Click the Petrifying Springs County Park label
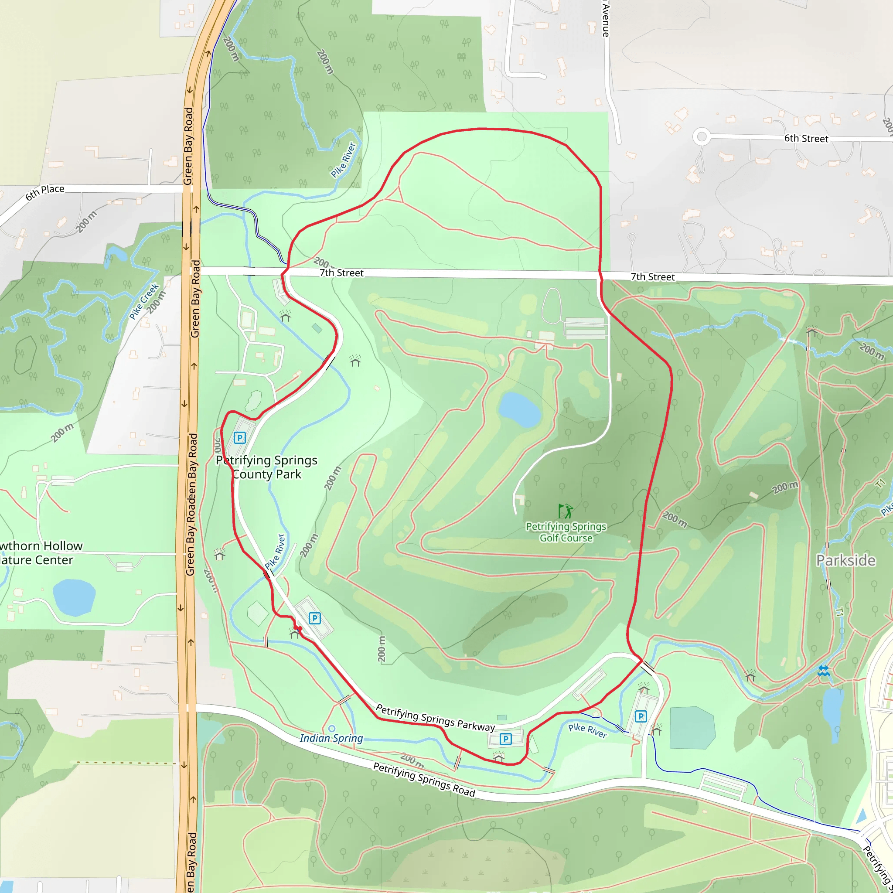click(x=267, y=467)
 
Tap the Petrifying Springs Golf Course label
click(x=566, y=532)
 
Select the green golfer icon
click(x=565, y=511)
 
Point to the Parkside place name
click(x=845, y=560)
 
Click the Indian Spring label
click(x=331, y=738)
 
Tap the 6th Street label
click(x=806, y=138)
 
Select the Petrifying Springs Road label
click(x=424, y=780)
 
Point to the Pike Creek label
click(x=144, y=301)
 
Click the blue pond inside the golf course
click(x=519, y=409)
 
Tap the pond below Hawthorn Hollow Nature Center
click(x=74, y=598)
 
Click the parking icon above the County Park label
click(x=239, y=437)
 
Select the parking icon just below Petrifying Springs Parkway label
click(x=506, y=739)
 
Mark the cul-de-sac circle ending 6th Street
click(x=702, y=136)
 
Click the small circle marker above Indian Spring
click(x=331, y=729)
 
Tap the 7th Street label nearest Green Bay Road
click(x=341, y=273)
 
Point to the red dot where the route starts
click(x=299, y=629)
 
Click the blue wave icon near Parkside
click(x=823, y=671)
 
